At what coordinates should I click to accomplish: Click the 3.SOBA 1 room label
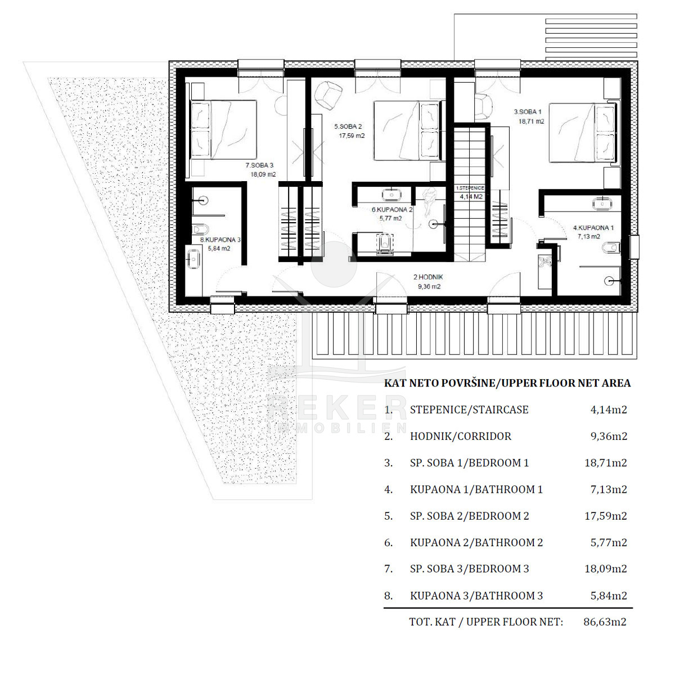528,112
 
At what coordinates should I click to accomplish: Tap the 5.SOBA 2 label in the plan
348,127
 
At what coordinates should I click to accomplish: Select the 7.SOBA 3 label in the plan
259,165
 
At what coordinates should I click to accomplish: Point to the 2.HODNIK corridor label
428,277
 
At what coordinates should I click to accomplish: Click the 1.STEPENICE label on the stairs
470,188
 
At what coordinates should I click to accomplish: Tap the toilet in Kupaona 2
384,244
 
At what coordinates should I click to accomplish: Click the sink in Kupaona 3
193,259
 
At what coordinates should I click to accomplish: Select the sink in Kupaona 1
602,204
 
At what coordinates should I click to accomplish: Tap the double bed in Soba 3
224,129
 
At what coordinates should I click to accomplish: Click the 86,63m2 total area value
605,622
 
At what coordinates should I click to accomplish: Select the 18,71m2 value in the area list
606,463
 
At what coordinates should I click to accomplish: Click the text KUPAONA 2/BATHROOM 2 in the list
476,543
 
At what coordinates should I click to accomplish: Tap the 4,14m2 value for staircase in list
609,409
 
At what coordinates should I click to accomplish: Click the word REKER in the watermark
337,408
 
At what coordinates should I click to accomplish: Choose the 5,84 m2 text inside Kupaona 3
219,249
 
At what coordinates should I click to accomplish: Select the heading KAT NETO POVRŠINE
439,383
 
